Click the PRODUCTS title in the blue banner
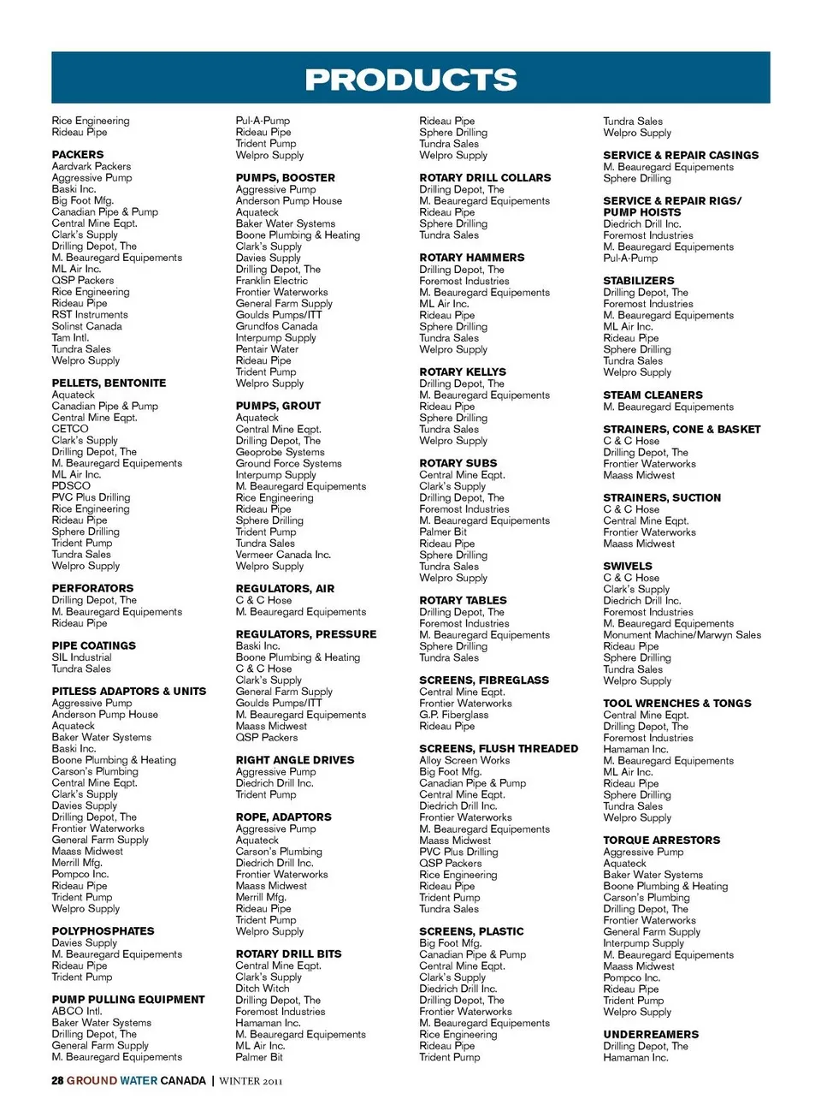[x=410, y=80]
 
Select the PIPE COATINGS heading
[x=93, y=645]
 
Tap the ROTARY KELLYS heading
[x=462, y=371]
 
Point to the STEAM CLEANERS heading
[x=653, y=395]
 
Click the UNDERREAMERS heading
[x=651, y=1034]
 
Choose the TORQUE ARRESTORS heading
[x=661, y=840]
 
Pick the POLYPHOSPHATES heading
[x=103, y=930]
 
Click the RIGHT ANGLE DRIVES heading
[x=294, y=759]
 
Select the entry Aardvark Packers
[x=91, y=166]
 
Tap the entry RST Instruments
[x=89, y=314]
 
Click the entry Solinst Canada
[x=86, y=326]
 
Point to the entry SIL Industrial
[x=81, y=657]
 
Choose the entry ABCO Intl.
[x=76, y=1011]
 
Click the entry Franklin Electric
[x=271, y=280]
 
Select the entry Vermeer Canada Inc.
[x=282, y=555]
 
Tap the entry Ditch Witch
[x=262, y=988]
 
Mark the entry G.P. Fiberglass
[x=453, y=715]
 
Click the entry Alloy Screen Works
[x=464, y=760]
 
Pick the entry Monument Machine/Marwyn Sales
[x=682, y=635]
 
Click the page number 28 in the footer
[x=57, y=1080]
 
